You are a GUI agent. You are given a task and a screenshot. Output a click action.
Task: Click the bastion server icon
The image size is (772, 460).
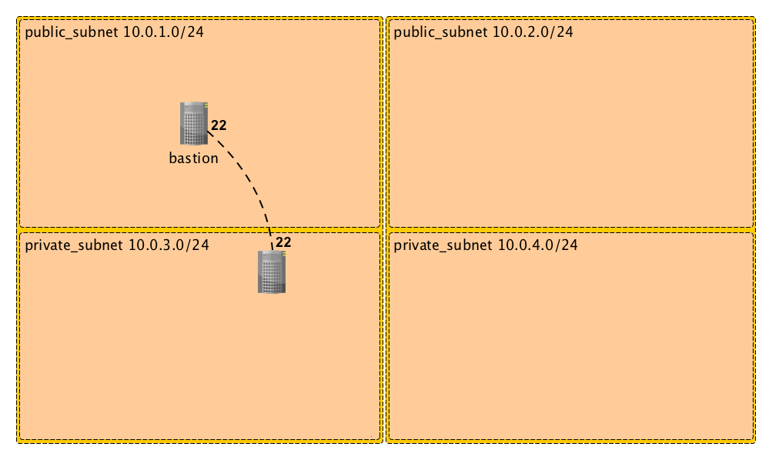[x=193, y=124]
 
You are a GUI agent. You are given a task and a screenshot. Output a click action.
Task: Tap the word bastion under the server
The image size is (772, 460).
[x=193, y=158]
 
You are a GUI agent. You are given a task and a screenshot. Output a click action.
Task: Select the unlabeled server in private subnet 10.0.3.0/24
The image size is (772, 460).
[x=272, y=272]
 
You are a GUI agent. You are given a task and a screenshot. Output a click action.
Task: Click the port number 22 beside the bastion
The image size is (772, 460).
[x=219, y=125]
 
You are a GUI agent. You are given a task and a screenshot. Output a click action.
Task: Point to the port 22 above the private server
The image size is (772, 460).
[x=283, y=242]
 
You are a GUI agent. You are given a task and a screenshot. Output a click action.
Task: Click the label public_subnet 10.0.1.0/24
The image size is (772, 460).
[x=114, y=32]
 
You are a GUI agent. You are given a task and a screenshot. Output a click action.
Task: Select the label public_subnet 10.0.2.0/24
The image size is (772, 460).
[x=483, y=32]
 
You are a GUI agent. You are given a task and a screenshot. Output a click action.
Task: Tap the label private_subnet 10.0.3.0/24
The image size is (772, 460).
[x=117, y=245]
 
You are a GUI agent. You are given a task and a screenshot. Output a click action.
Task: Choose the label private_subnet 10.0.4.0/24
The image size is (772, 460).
[x=486, y=245]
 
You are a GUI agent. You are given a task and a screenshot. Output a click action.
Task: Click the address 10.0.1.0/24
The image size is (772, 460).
[x=163, y=32]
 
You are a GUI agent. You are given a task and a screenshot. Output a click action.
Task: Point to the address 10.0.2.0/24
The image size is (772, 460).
[x=533, y=32]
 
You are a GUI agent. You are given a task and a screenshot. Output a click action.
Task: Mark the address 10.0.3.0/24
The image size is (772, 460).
[x=169, y=245]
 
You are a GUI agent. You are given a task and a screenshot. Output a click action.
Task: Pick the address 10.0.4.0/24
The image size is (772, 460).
[x=538, y=245]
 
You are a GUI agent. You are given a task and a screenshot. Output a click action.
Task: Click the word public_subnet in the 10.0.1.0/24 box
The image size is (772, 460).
[x=72, y=32]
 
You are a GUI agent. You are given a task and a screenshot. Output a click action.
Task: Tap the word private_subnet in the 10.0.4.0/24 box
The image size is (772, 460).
[x=443, y=245]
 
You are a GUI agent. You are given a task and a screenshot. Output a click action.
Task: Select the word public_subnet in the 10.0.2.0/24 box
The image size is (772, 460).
[x=441, y=32]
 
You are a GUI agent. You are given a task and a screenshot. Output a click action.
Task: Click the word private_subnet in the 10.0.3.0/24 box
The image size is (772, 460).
[x=74, y=245]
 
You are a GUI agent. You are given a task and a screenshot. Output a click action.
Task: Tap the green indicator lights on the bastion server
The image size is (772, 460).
[x=206, y=105]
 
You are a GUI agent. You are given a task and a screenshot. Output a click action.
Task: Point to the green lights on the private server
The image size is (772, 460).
[x=284, y=254]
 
